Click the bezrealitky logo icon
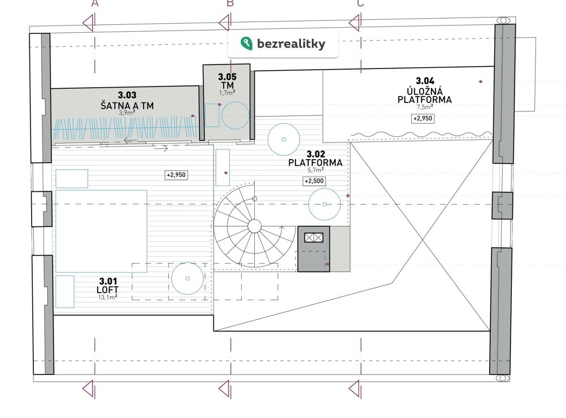pyautogui.click(x=246, y=44)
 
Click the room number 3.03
pyautogui.click(x=127, y=95)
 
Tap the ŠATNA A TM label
pyautogui.click(x=127, y=106)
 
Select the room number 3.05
pyautogui.click(x=228, y=77)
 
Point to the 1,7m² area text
pyautogui.click(x=228, y=93)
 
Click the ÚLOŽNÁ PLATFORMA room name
pyautogui.click(x=425, y=96)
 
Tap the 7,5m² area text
pyautogui.click(x=425, y=107)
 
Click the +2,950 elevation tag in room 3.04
pyautogui.click(x=423, y=119)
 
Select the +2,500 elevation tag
pyautogui.click(x=314, y=181)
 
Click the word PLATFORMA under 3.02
pyautogui.click(x=316, y=163)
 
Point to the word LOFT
pyautogui.click(x=107, y=290)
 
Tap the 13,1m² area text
pyautogui.click(x=107, y=298)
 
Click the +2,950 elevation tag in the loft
pyautogui.click(x=176, y=175)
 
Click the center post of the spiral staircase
pyautogui.click(x=255, y=226)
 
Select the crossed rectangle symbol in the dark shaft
pyautogui.click(x=314, y=238)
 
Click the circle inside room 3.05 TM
pyautogui.click(x=235, y=115)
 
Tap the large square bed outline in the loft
pyautogui.click(x=102, y=231)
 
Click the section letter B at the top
pyautogui.click(x=230, y=3)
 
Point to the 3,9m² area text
pyautogui.click(x=127, y=113)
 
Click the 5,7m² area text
pyautogui.click(x=316, y=170)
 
